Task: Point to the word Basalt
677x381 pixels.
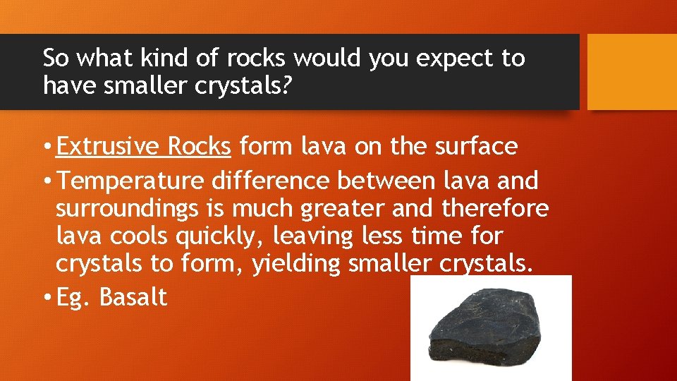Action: click(133, 297)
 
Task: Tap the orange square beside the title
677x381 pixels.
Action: click(632, 72)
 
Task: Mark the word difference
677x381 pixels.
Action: click(270, 181)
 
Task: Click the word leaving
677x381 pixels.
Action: click(312, 236)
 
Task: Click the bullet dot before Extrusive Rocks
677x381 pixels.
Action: click(47, 147)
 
